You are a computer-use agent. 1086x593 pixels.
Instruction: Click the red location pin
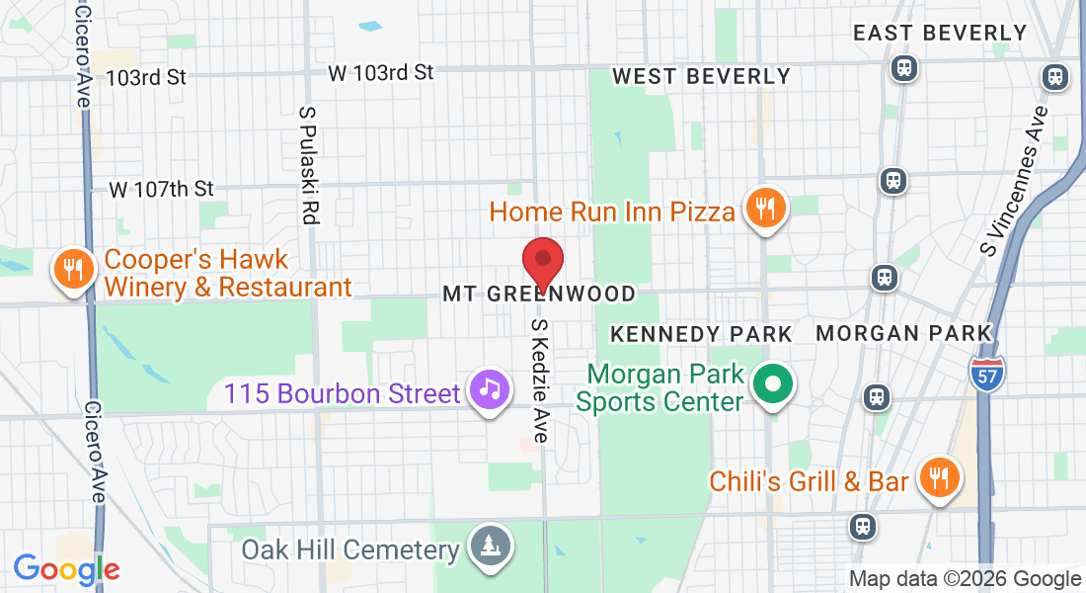coord(542,262)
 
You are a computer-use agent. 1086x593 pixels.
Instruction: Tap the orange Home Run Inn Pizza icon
coord(765,209)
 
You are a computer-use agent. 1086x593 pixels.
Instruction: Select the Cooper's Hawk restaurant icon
coord(73,270)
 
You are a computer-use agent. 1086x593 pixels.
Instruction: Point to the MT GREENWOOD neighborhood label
coord(539,295)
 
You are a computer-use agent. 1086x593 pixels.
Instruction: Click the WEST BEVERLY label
coord(702,76)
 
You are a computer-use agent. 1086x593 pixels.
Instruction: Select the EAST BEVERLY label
coord(940,33)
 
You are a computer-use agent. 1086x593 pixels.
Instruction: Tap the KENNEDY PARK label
coord(701,334)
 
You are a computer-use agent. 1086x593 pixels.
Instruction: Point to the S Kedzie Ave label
coord(540,380)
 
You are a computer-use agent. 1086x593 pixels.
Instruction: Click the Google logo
coord(66,570)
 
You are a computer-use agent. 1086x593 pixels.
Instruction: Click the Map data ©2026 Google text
coord(965,579)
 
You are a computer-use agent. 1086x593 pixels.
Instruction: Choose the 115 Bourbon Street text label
coord(342,393)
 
